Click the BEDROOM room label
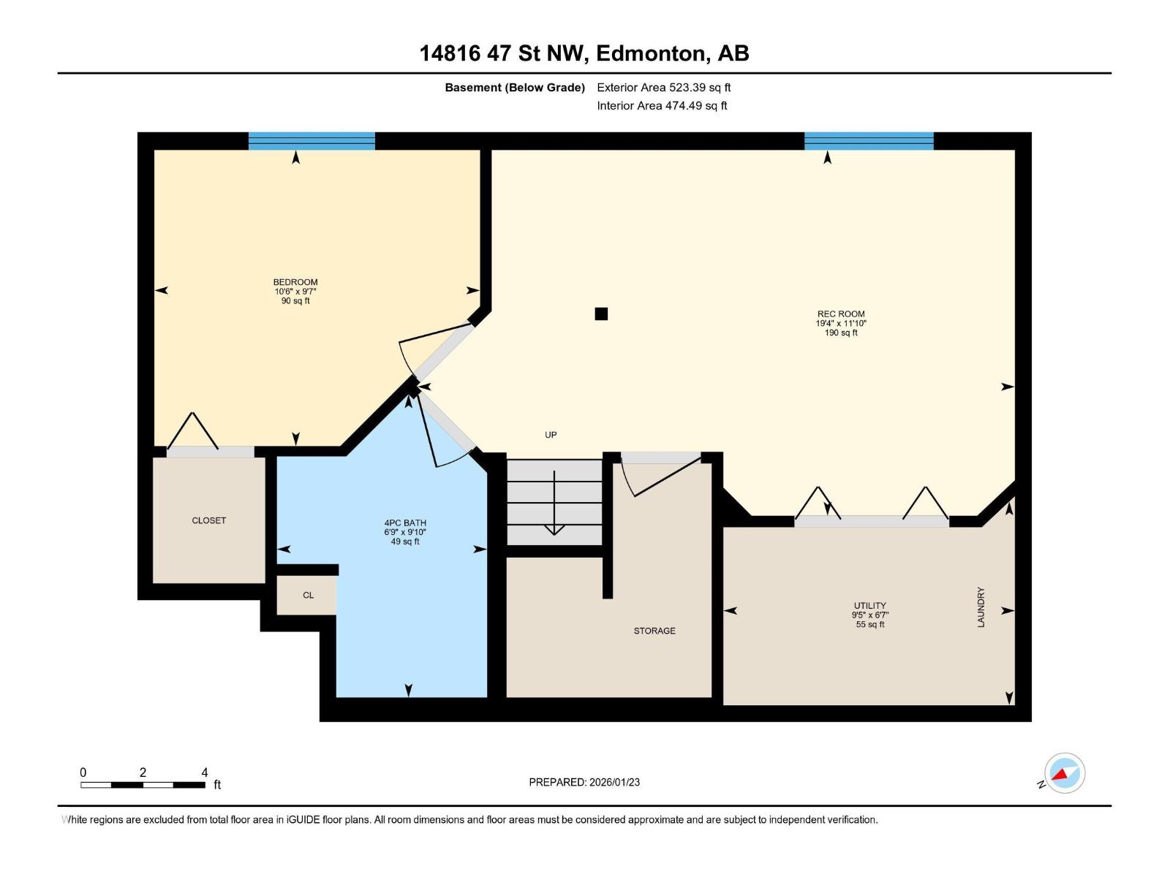295,282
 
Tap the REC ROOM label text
841,314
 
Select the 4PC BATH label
405,523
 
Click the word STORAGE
654,631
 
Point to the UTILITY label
869,606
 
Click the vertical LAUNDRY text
981,607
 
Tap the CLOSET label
209,520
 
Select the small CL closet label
308,596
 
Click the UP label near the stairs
551,435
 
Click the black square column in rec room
601,314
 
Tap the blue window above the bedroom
312,141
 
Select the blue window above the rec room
869,141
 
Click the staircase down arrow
554,504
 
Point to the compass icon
1064,773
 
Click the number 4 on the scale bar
205,772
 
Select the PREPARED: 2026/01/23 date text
584,782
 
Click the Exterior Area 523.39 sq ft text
663,88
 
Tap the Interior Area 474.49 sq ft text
662,106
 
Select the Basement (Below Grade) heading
515,88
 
